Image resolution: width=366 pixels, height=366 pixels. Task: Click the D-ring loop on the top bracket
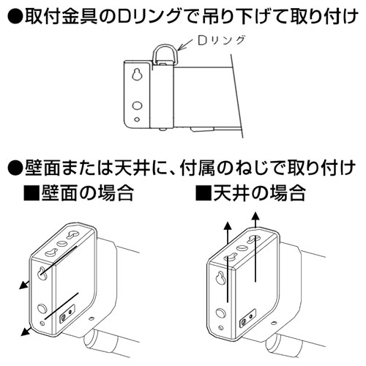[154, 53]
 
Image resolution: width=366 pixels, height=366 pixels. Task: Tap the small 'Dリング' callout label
[221, 41]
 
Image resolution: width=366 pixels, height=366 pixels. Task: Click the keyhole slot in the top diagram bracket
[137, 75]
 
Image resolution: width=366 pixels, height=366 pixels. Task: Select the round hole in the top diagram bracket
[137, 105]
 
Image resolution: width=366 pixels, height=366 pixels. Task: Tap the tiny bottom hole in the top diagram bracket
[138, 119]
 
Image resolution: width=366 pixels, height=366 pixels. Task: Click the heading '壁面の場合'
[87, 193]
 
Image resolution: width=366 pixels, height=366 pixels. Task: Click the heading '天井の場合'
[259, 193]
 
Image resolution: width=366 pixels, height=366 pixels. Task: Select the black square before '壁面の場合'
[31, 193]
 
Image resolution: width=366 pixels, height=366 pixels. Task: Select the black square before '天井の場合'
[203, 193]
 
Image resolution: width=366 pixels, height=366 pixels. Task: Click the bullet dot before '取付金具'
[15, 17]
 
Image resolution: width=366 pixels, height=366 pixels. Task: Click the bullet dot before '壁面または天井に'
[15, 168]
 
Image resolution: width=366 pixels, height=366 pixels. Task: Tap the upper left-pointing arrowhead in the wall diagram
[23, 285]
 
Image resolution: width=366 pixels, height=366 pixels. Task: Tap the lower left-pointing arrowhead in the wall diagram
[25, 332]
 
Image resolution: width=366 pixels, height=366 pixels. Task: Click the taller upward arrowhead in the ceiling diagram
[255, 217]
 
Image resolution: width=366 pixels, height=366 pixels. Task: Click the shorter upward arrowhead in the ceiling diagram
[228, 225]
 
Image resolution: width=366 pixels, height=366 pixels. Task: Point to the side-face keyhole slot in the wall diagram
[42, 273]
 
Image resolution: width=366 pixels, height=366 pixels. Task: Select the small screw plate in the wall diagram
[67, 313]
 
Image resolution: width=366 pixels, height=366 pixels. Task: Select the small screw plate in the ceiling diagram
[247, 318]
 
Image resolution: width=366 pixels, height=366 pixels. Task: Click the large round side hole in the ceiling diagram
[221, 313]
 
